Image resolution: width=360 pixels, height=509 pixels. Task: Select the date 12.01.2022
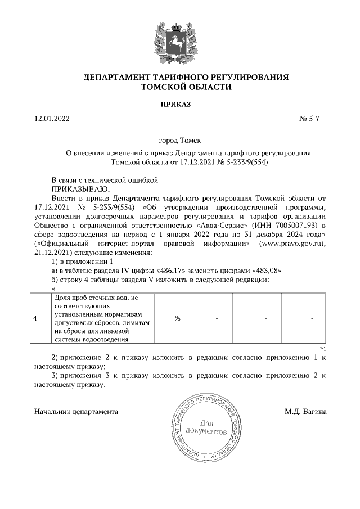pyautogui.click(x=53, y=119)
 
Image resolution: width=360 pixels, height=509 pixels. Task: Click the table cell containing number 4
pyautogui.click(x=35, y=318)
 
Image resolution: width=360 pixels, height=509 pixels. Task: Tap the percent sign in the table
pyautogui.click(x=177, y=318)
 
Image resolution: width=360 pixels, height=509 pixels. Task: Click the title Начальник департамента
pyautogui.click(x=76, y=412)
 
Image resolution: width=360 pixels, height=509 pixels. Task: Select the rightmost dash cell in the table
pyautogui.click(x=312, y=318)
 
